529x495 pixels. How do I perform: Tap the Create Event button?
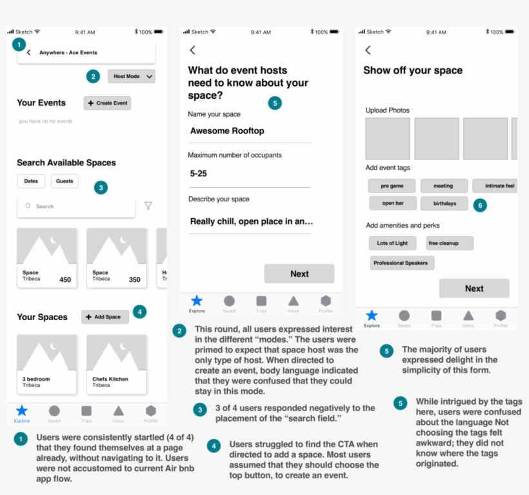[x=107, y=103]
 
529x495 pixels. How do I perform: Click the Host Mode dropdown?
[x=132, y=76]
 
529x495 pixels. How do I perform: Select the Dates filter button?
[x=31, y=181]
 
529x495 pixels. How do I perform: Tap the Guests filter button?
[x=65, y=181]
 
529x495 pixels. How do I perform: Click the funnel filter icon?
[x=148, y=206]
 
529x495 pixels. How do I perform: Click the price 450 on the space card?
[x=65, y=279]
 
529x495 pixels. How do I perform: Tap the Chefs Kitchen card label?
[x=110, y=379]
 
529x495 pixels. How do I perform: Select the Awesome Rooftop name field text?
[x=227, y=131]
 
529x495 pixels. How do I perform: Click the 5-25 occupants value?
[x=199, y=174]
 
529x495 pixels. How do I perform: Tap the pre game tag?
[x=392, y=186]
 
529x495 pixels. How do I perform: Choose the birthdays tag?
[x=444, y=203]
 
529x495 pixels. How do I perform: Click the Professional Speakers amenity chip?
[x=403, y=263]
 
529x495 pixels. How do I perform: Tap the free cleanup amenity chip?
[x=450, y=243]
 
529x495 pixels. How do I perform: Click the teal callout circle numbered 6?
[x=479, y=205]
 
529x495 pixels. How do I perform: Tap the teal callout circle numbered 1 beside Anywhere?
[x=19, y=45]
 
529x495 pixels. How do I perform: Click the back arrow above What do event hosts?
[x=192, y=50]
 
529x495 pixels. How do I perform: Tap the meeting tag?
[x=443, y=186]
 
